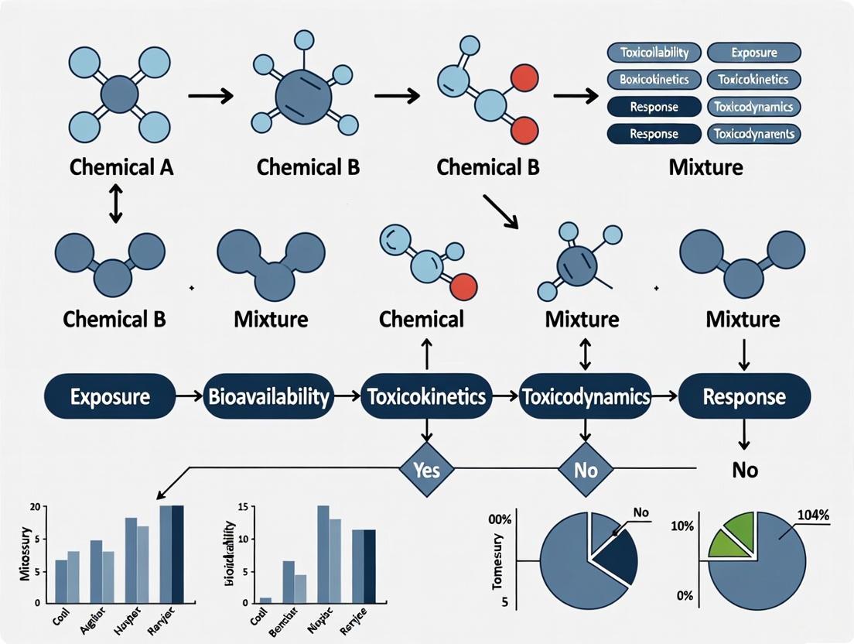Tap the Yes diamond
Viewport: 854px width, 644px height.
(426, 469)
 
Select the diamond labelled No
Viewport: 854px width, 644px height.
(586, 469)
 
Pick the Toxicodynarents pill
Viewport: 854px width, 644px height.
(753, 134)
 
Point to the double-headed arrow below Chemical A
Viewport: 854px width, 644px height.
(116, 204)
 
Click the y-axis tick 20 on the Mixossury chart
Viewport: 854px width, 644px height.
(32, 507)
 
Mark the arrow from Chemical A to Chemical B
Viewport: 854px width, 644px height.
(210, 97)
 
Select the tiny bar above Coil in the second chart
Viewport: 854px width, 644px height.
(266, 600)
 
